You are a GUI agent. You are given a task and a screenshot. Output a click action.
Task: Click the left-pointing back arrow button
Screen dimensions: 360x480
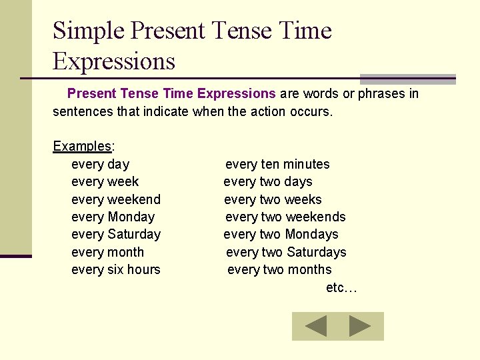click(315, 326)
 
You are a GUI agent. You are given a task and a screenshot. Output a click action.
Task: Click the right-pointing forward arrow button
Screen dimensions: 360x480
click(361, 326)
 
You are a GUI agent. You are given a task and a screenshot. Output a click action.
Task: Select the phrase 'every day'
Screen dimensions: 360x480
click(100, 164)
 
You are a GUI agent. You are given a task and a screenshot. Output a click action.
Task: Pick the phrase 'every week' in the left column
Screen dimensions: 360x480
click(105, 181)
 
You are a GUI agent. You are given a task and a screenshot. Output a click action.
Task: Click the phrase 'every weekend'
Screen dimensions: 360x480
click(115, 199)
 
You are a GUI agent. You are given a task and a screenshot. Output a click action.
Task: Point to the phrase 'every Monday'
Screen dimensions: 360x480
click(113, 217)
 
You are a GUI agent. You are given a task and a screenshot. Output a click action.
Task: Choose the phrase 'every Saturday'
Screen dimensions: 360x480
click(115, 234)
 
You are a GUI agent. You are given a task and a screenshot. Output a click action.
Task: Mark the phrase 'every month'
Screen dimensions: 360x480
click(107, 252)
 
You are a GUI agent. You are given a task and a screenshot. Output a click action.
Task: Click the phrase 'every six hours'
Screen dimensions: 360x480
click(115, 269)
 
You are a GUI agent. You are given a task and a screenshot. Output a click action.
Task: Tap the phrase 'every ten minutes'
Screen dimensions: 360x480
click(277, 164)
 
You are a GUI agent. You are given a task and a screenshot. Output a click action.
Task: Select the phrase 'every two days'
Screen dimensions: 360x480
click(268, 181)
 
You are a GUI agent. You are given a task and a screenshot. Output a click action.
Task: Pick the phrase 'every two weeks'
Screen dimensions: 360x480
click(273, 199)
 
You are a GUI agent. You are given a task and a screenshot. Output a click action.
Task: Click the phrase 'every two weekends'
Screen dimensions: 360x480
click(285, 217)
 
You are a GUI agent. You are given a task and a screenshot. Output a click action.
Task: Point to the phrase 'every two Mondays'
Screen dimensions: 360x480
click(281, 234)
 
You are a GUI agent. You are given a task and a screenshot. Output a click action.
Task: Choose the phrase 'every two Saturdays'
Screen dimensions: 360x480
click(286, 252)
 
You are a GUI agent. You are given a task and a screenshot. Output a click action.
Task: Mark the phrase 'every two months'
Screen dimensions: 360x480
click(279, 269)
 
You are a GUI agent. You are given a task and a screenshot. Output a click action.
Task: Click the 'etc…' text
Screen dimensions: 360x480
click(341, 287)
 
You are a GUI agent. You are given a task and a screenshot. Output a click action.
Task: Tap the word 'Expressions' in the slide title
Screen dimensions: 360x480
click(114, 61)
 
